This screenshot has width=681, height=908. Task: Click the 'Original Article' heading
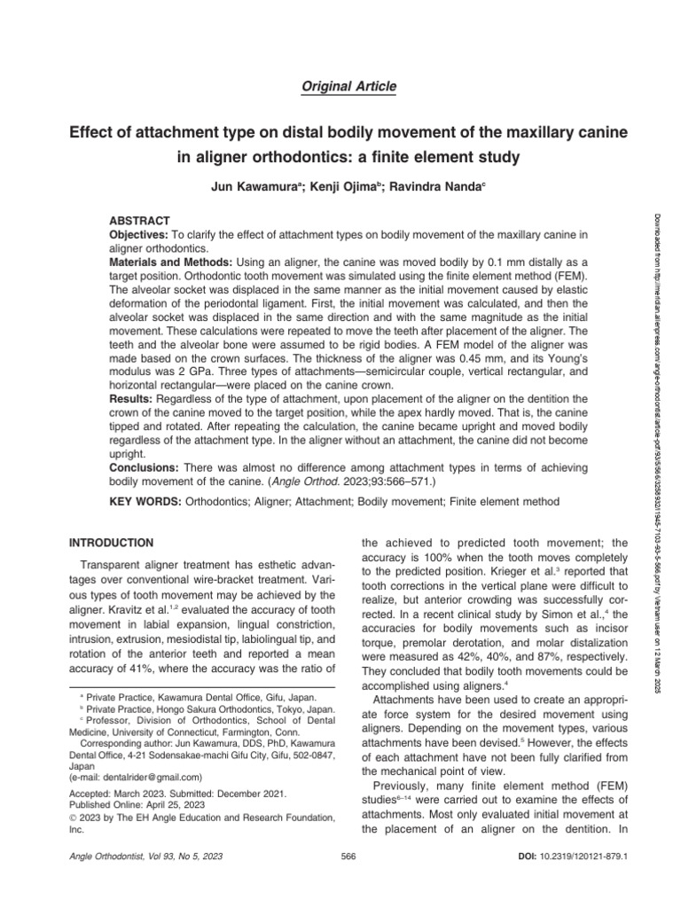(340, 86)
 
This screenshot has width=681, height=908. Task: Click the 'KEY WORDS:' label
(145, 502)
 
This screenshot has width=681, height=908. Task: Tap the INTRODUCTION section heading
(112, 542)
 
